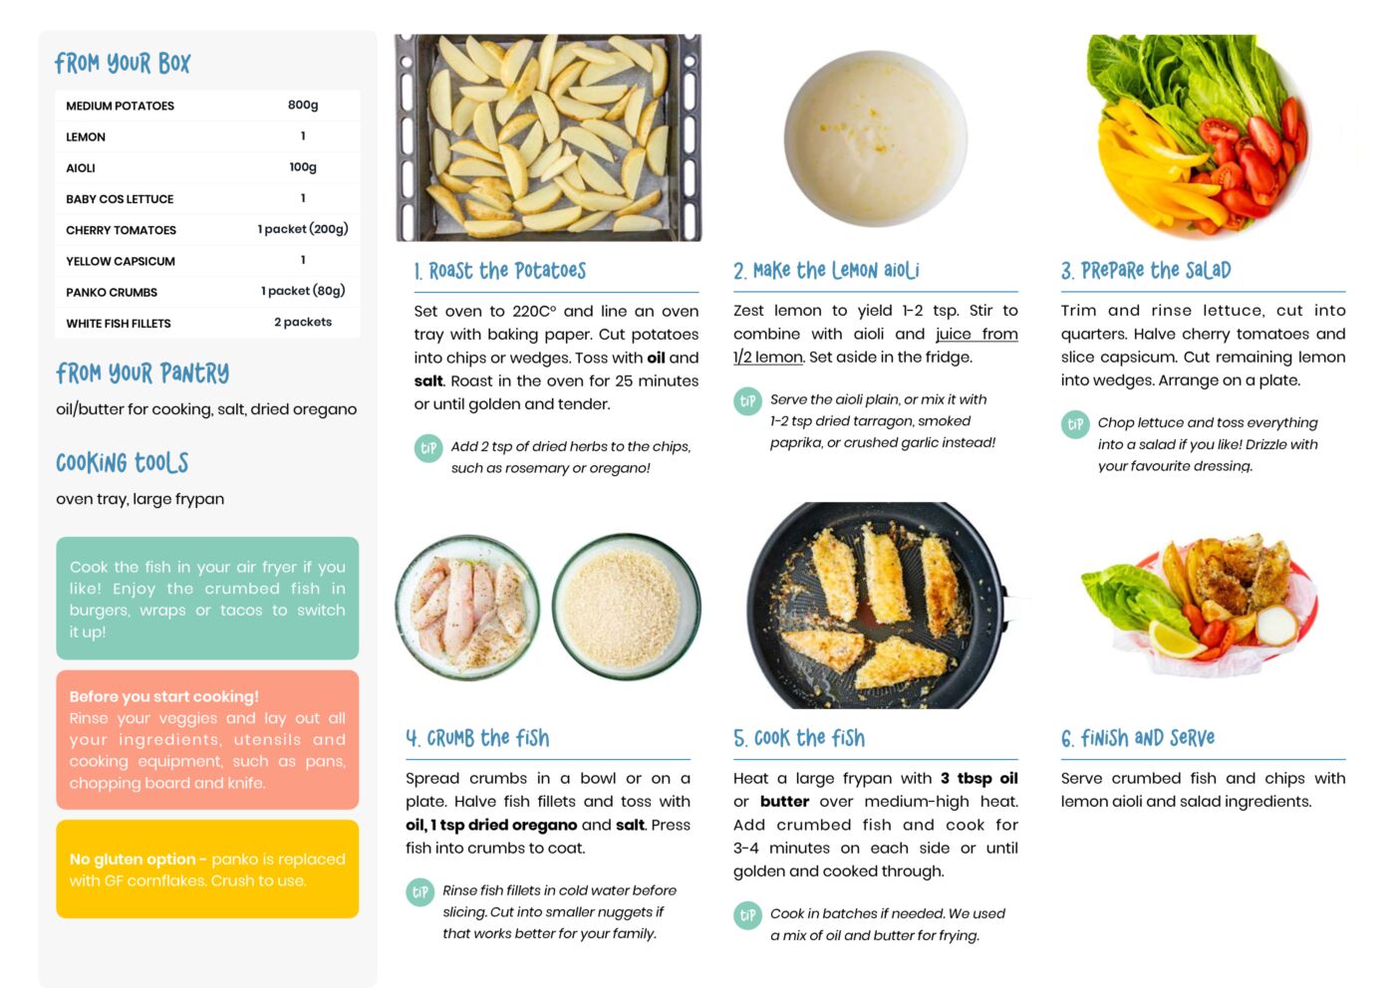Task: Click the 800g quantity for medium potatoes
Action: [303, 105]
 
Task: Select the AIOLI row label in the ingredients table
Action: [81, 167]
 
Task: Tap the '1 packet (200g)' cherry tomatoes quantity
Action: [303, 229]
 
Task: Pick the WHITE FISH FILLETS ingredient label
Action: [118, 323]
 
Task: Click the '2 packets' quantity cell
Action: [303, 322]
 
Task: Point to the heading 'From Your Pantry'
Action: [142, 373]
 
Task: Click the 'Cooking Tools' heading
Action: [122, 463]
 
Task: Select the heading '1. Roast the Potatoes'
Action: [500, 271]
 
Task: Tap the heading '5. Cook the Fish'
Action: [799, 738]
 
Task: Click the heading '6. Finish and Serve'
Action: [1138, 738]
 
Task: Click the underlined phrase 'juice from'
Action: [977, 335]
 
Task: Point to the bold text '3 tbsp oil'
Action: [979, 779]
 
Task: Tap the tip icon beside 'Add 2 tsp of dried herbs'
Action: [428, 448]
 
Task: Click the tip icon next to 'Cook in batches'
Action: [747, 915]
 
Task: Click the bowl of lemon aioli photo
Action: [876, 138]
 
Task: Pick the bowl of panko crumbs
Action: [626, 606]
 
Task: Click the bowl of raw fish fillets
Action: [467, 607]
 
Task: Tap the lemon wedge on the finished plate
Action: [1175, 639]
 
